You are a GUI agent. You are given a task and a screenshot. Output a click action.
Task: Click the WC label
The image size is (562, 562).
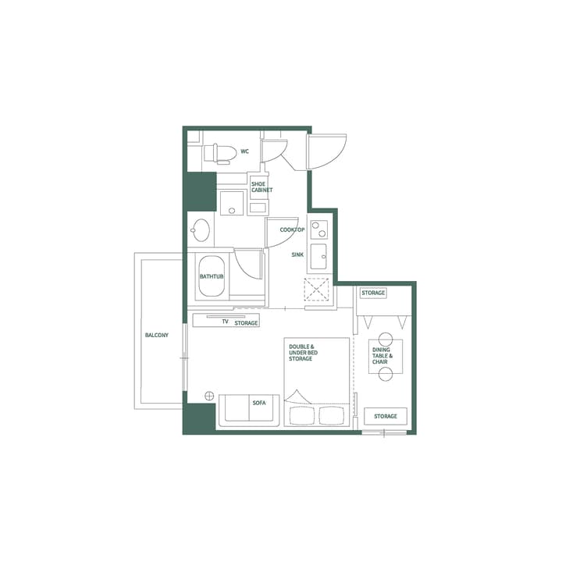[x=244, y=151]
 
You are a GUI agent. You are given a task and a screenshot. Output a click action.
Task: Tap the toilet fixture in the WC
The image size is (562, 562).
[x=220, y=153]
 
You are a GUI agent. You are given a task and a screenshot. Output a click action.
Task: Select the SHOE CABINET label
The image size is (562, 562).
[x=261, y=187]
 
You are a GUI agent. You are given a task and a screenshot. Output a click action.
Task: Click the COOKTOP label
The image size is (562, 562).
[x=292, y=229]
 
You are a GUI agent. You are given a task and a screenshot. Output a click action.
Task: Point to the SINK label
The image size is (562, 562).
[x=297, y=254]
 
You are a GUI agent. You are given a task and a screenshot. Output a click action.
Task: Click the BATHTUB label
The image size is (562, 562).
[x=212, y=276]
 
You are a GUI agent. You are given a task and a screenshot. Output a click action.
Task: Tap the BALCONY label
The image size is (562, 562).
[x=156, y=335]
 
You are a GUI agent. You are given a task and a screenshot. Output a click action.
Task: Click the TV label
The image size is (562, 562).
[x=225, y=322]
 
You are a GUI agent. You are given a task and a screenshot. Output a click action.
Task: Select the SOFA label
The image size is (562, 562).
[x=259, y=403]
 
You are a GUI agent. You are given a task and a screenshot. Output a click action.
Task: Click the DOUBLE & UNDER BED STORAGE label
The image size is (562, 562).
[x=301, y=352]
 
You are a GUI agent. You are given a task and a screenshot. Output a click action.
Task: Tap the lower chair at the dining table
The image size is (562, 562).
[x=384, y=375]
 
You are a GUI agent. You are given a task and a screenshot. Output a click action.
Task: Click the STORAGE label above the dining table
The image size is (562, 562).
[x=373, y=293]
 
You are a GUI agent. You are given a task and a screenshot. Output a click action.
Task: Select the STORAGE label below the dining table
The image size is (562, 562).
[x=385, y=416]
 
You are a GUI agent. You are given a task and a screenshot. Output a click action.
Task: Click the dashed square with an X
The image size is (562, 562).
[x=318, y=289]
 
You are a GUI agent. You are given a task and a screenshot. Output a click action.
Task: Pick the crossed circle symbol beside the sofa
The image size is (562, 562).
[x=209, y=396]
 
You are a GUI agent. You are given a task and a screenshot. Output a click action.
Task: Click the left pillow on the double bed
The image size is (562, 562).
[x=301, y=413]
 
